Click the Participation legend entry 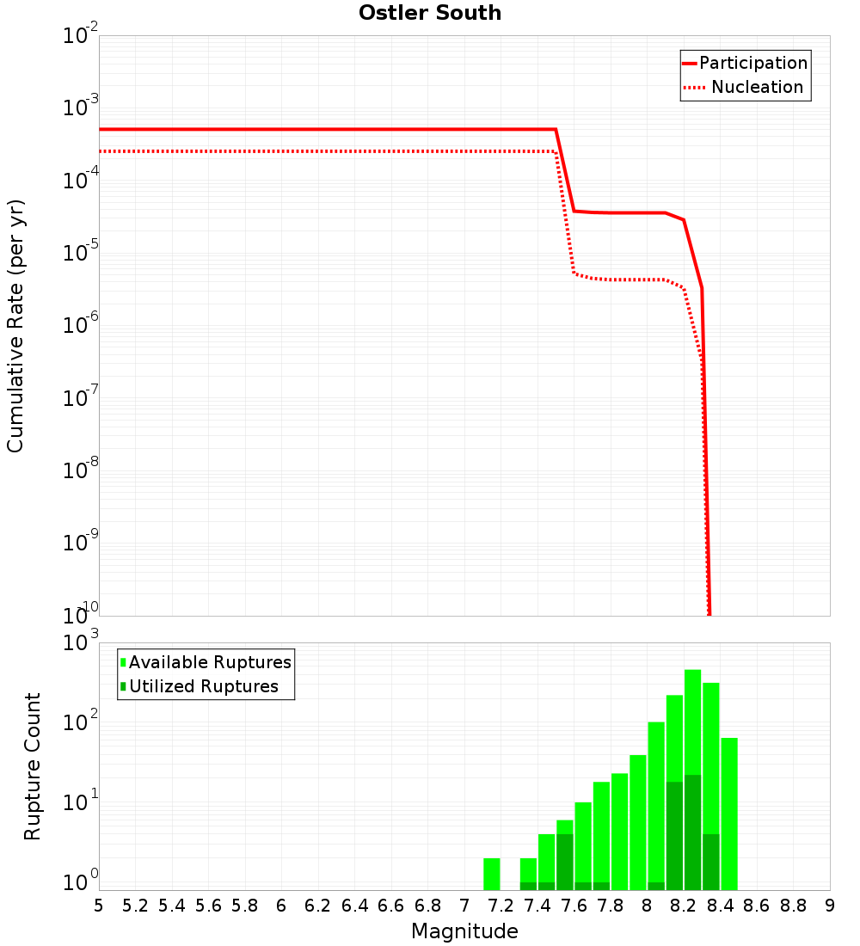pyautogui.click(x=745, y=64)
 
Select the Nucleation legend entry pyautogui.click(x=745, y=88)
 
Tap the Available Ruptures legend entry pyautogui.click(x=206, y=662)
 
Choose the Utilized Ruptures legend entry pyautogui.click(x=200, y=686)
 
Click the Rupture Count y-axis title pyautogui.click(x=33, y=765)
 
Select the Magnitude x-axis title pyautogui.click(x=464, y=931)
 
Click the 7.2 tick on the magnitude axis pyautogui.click(x=501, y=906)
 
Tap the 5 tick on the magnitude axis pyautogui.click(x=99, y=906)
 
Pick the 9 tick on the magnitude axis pyautogui.click(x=829, y=906)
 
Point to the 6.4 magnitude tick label pyautogui.click(x=354, y=906)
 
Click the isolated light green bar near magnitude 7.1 pyautogui.click(x=492, y=874)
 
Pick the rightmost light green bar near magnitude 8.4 pyautogui.click(x=729, y=813)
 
